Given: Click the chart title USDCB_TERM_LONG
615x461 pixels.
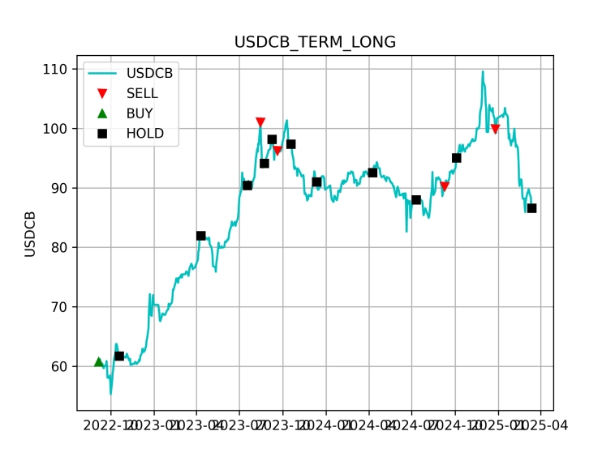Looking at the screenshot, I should point(315,42).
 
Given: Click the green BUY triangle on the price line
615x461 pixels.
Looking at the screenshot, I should point(99,362).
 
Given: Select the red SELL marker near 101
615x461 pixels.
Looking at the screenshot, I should point(260,122).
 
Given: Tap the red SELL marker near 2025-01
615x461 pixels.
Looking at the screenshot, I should point(495,129).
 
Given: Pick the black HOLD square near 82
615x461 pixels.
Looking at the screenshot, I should point(201,236).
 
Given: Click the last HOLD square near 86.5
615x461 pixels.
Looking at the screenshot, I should point(531,208).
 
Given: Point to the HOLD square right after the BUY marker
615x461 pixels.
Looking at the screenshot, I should point(119,356).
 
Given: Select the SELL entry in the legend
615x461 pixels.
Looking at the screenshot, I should point(142,93).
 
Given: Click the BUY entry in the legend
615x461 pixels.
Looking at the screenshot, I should point(140,113).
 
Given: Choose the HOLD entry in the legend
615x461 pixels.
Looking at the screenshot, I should point(144,134).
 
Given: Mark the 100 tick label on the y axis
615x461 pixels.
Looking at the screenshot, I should point(55,129).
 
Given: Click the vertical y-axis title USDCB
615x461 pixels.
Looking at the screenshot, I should point(30,234).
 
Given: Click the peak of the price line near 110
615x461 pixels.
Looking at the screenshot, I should point(483,71).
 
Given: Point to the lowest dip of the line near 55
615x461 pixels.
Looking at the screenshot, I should point(111,394).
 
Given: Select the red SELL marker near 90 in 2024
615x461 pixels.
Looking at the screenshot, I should point(445,186).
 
